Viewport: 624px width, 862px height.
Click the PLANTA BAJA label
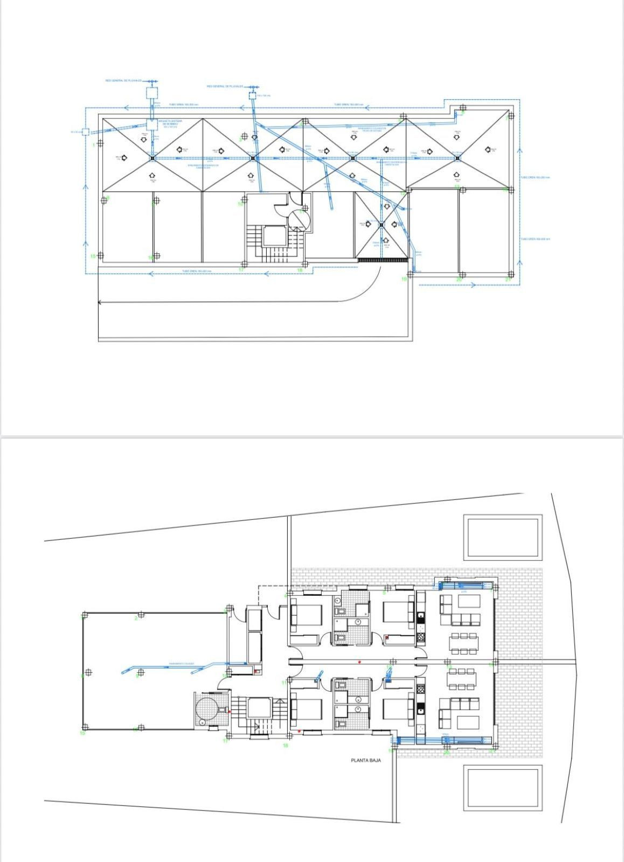click(366, 761)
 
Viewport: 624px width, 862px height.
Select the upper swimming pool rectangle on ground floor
click(503, 537)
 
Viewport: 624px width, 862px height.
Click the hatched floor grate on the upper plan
click(382, 260)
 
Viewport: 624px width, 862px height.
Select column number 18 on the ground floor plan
click(286, 746)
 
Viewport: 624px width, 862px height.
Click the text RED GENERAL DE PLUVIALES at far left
click(123, 81)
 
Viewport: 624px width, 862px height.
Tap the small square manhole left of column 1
click(85, 131)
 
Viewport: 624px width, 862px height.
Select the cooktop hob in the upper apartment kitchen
click(421, 636)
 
